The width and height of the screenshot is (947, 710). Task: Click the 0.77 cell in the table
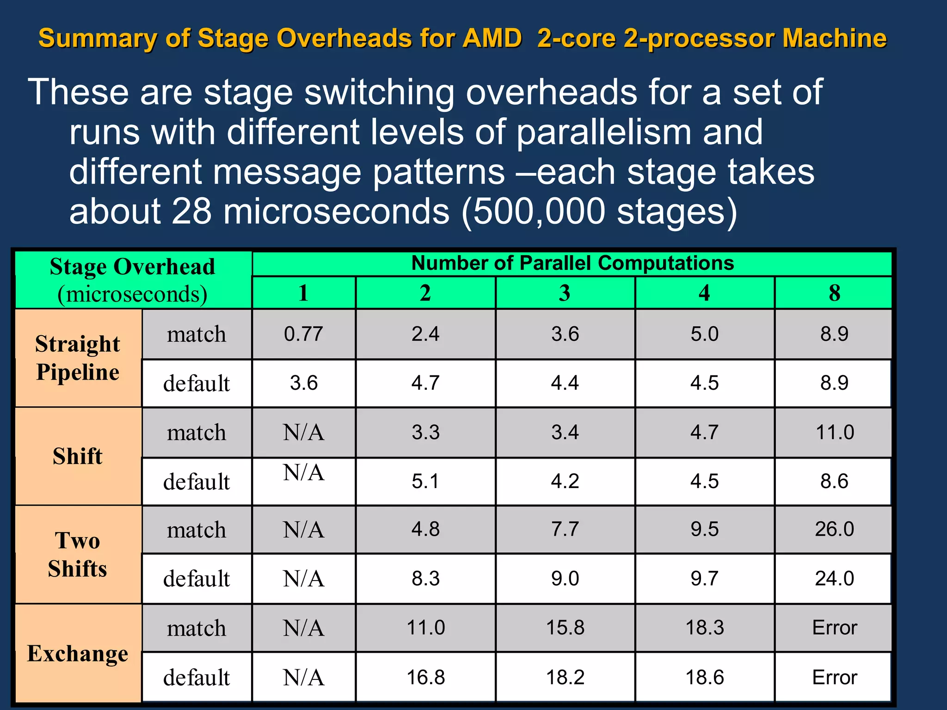(x=303, y=334)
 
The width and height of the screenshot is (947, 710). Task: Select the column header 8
(x=834, y=293)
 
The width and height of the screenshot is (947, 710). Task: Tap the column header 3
(x=565, y=293)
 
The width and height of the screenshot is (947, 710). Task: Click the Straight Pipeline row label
(x=78, y=358)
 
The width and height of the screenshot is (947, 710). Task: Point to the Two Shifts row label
(x=78, y=554)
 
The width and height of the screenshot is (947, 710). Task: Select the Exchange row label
(x=78, y=653)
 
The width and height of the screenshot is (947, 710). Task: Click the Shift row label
(x=78, y=456)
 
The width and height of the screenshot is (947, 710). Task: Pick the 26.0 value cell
(x=834, y=529)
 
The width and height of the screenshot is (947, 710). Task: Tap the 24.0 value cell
(x=834, y=578)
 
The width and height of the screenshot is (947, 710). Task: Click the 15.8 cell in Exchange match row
(x=565, y=628)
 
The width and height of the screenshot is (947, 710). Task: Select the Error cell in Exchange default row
(x=834, y=677)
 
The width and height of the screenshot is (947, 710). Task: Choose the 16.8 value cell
(x=425, y=677)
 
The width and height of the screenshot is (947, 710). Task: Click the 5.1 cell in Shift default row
(x=425, y=481)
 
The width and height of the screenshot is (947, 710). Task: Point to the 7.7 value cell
(x=565, y=529)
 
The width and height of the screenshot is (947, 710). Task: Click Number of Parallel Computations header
(x=572, y=263)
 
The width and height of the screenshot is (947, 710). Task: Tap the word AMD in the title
(x=492, y=38)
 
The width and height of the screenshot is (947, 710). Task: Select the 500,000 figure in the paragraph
(x=539, y=211)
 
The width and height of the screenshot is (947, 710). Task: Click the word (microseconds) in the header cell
(x=132, y=294)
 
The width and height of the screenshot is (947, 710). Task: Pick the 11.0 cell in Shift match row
(x=834, y=432)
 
